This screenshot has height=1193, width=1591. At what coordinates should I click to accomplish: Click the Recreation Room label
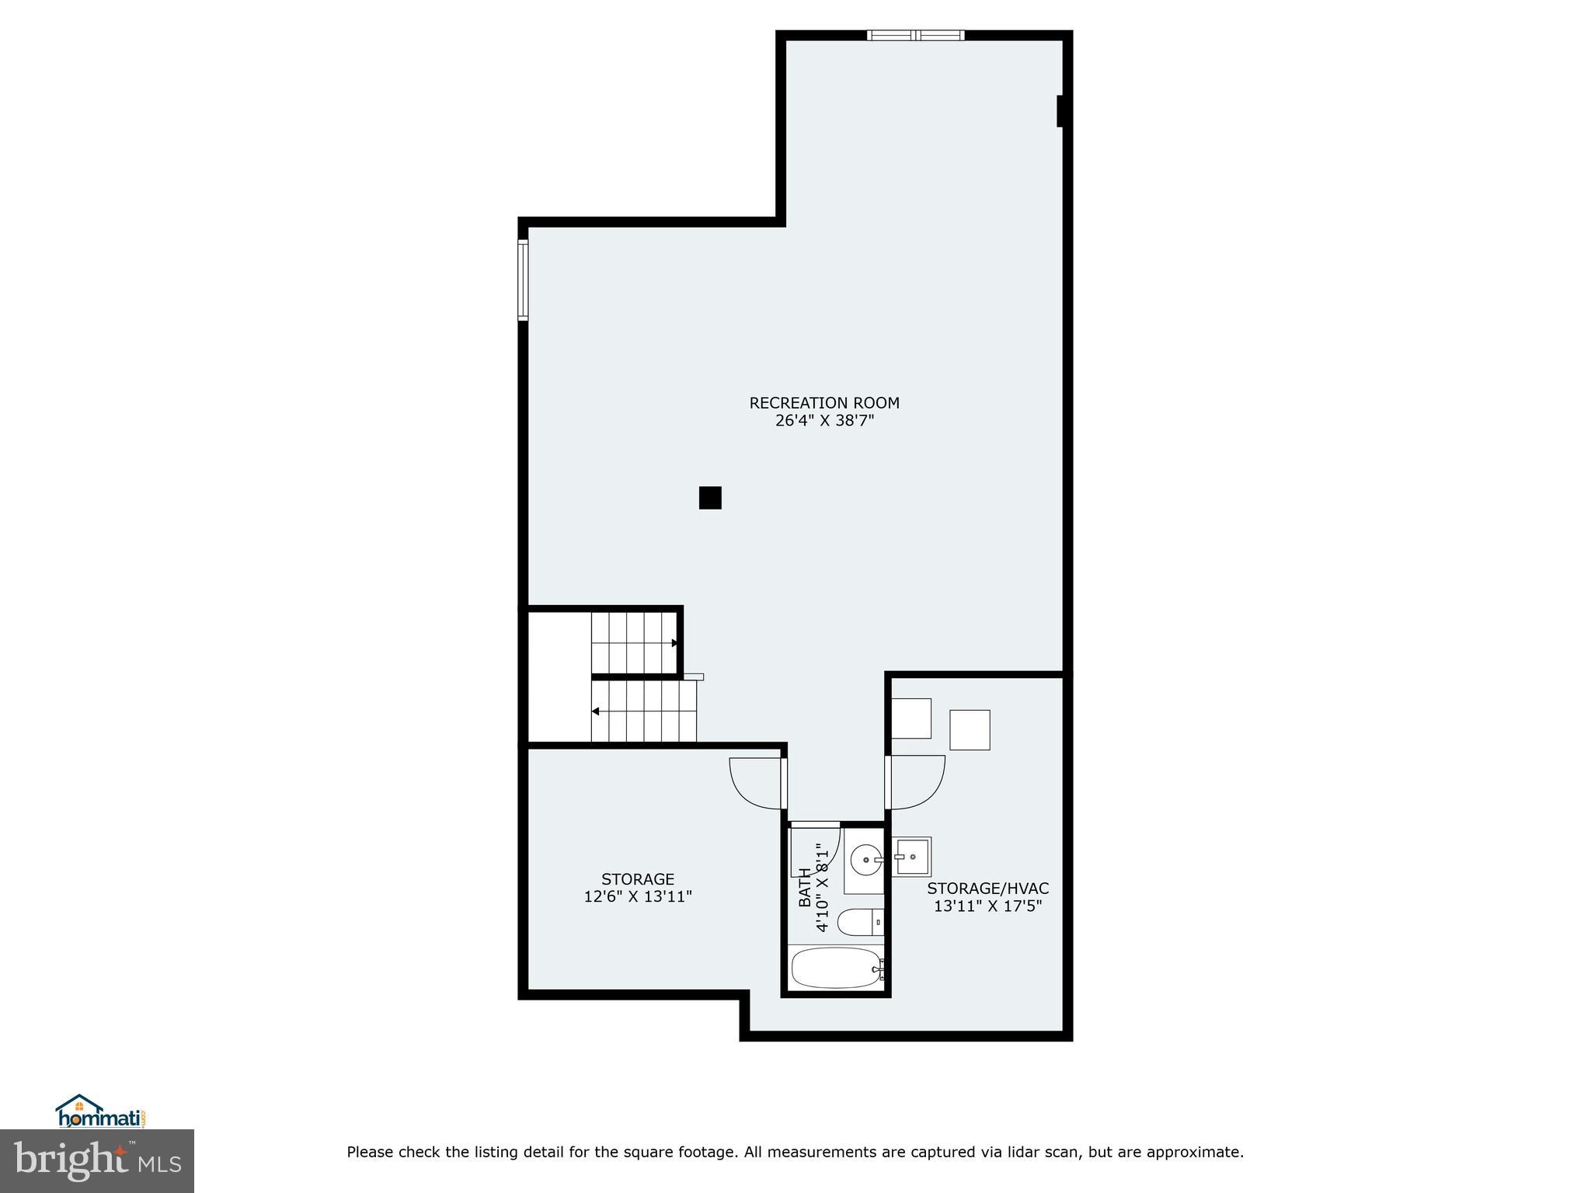[824, 403]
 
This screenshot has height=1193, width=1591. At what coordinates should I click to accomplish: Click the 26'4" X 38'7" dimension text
[824, 421]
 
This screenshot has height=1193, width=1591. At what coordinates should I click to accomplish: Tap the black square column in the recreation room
[710, 498]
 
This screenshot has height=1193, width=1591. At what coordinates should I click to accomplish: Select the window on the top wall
[915, 35]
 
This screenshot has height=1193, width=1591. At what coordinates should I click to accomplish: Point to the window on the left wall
[524, 280]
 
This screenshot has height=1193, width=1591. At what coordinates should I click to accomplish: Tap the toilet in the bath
[859, 922]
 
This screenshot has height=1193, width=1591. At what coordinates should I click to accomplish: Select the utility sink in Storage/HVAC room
[911, 857]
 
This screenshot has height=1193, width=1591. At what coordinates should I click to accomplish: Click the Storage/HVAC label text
[987, 889]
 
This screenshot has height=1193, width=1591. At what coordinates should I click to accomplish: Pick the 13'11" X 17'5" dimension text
[987, 906]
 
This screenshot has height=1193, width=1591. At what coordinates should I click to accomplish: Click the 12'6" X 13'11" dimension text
[638, 896]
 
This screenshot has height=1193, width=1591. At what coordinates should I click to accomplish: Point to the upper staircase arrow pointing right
[674, 643]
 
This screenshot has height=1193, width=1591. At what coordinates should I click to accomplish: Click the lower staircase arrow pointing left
[596, 711]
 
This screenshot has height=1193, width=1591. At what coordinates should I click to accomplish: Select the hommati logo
[101, 1111]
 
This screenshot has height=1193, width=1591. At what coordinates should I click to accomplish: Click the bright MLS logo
[97, 1160]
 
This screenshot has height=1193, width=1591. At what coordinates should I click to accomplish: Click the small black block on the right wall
[1060, 111]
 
